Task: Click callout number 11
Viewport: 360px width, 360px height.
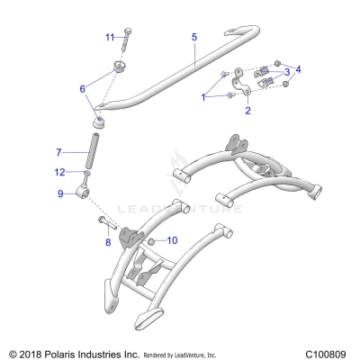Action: pos(110,37)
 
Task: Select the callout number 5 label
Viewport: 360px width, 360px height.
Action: pos(193,37)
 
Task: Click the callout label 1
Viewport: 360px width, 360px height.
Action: pos(205,95)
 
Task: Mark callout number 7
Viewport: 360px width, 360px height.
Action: pos(59,152)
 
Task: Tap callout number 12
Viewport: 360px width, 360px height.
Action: pos(59,172)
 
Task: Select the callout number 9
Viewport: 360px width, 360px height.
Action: pos(59,193)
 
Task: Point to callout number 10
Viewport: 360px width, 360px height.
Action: pos(173,240)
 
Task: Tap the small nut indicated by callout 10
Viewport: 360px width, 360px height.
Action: pos(152,242)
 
